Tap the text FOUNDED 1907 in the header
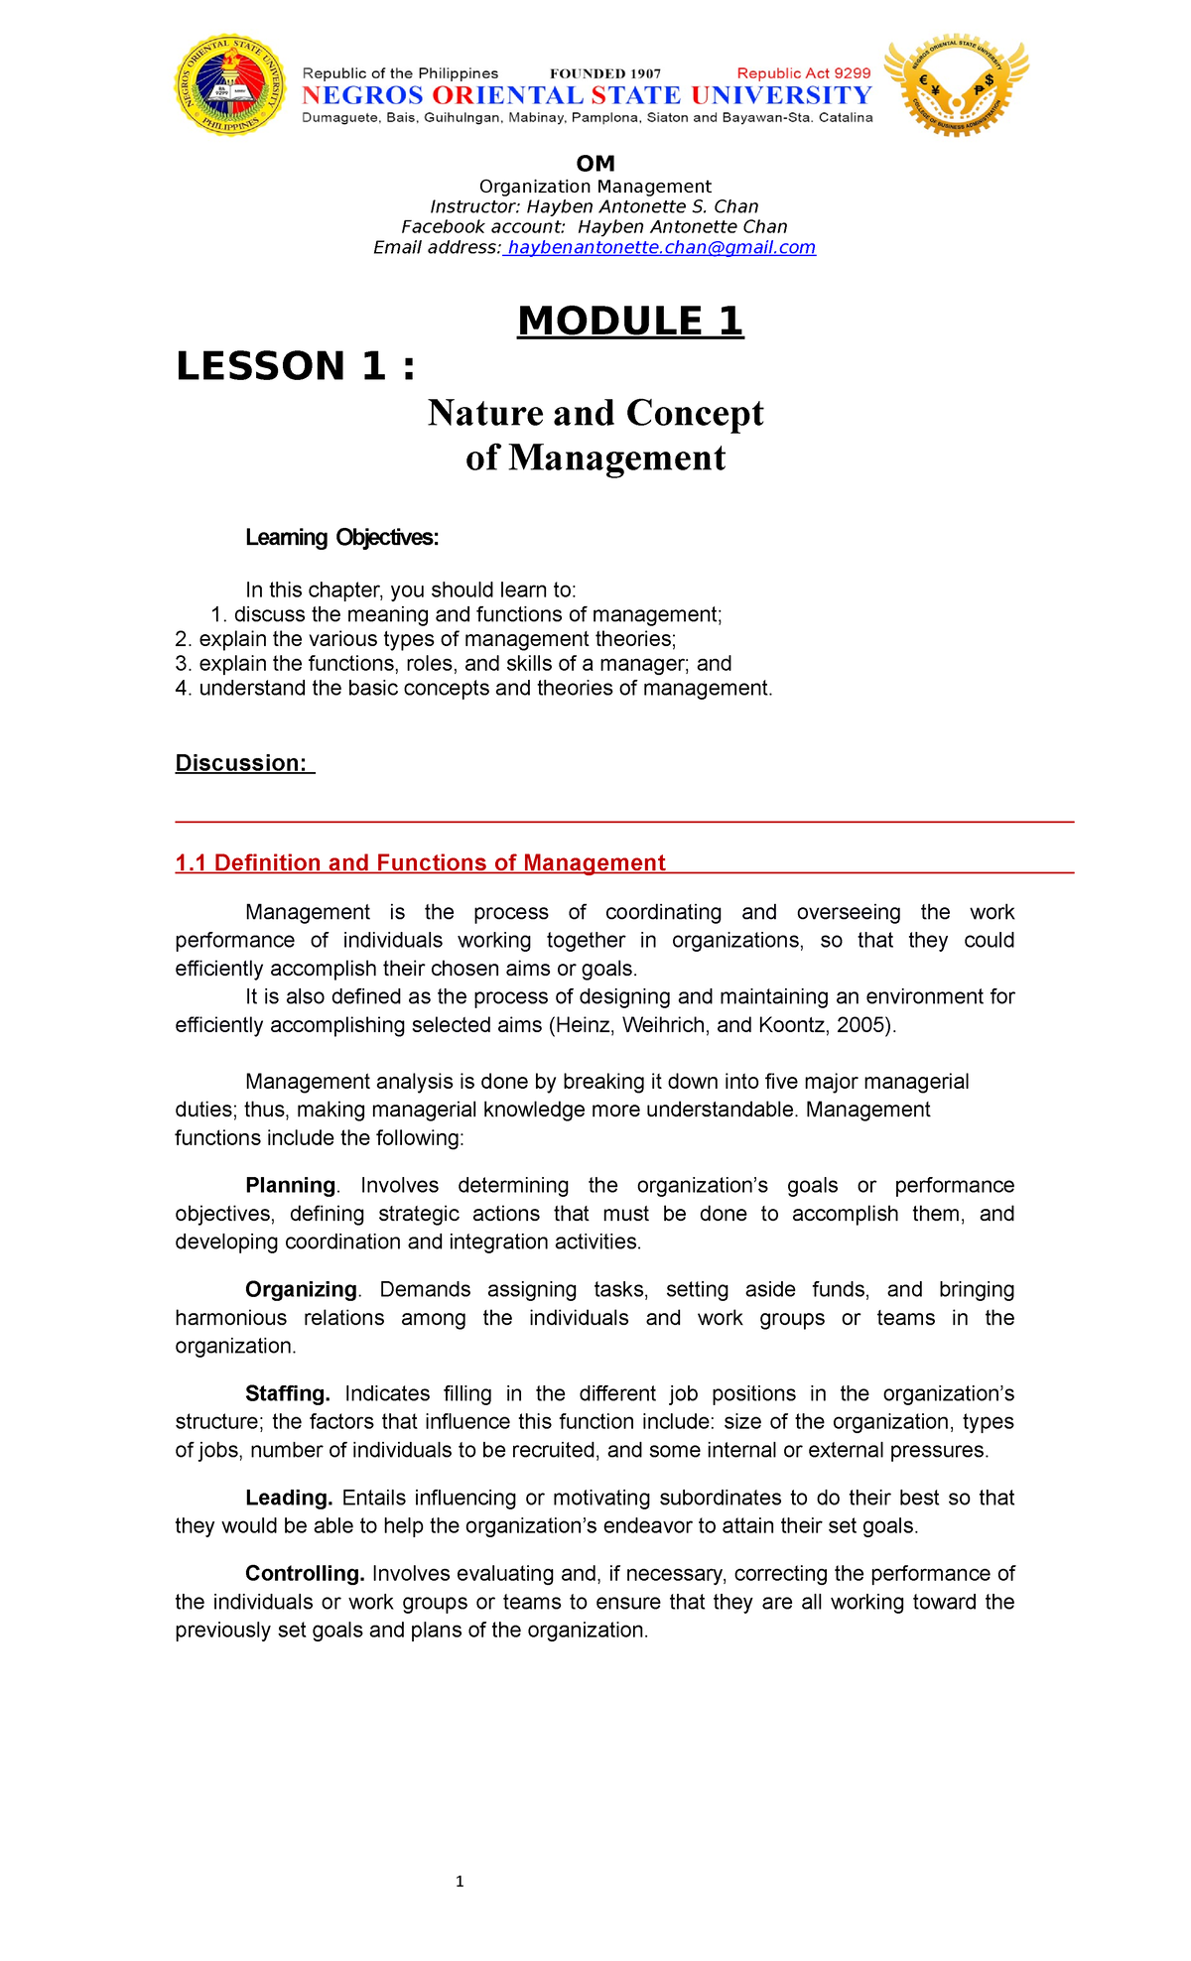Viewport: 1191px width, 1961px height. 605,73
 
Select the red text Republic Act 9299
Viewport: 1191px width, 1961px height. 803,73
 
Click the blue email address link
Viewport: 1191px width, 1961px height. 660,247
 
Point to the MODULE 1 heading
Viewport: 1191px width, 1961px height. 630,322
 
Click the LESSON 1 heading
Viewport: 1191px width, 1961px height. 295,366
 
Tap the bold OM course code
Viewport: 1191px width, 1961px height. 595,164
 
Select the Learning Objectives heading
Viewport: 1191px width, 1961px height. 341,538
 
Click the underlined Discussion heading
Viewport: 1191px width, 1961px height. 243,763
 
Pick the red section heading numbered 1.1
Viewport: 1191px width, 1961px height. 420,863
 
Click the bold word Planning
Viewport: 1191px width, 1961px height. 290,1185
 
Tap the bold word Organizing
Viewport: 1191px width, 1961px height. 301,1289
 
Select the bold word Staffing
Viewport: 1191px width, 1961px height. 288,1393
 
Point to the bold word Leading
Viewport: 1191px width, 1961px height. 288,1498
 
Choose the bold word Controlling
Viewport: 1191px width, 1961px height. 305,1573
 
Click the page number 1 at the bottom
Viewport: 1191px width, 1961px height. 460,1882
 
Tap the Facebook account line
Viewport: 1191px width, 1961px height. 594,226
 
